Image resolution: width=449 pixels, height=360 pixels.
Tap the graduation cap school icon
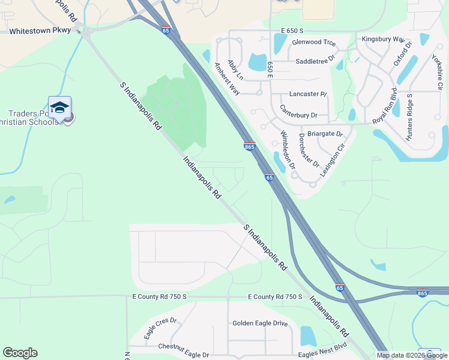[x=59, y=107]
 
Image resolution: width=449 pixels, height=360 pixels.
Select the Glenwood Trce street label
[x=313, y=43]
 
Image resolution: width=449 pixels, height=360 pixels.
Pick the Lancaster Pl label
[x=308, y=94]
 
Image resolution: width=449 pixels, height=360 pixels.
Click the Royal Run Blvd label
[x=385, y=108]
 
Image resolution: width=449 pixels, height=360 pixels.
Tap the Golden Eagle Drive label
[x=260, y=323]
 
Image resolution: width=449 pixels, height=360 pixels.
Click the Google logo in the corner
[x=20, y=353]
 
